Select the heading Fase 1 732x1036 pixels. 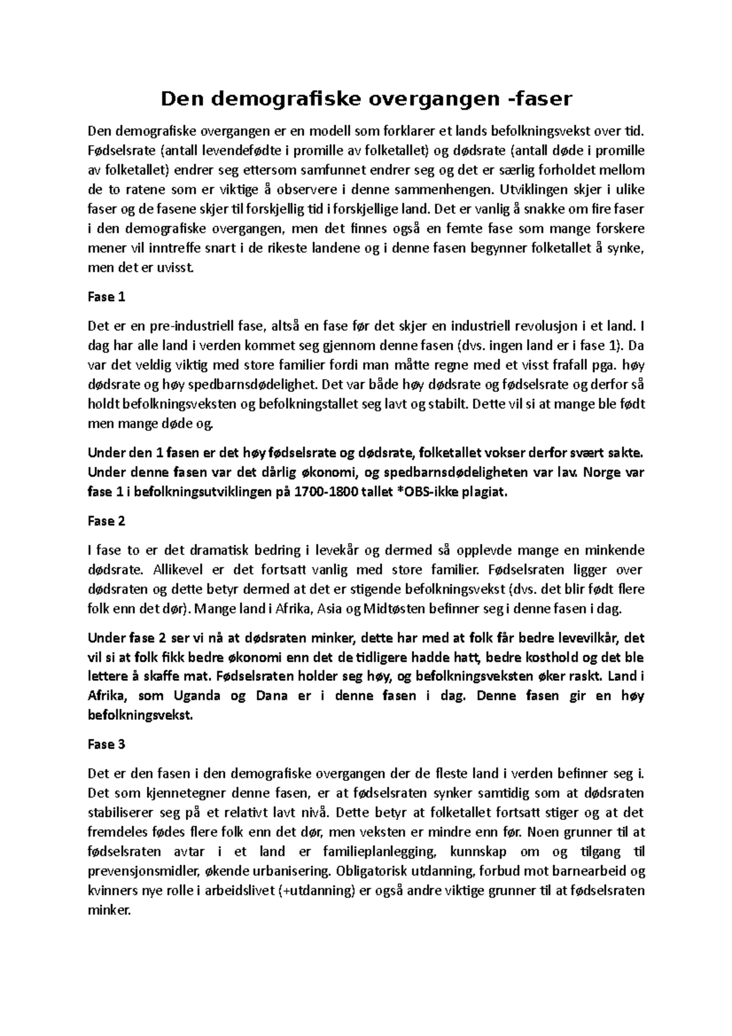click(106, 297)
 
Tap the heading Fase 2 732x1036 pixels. click(106, 521)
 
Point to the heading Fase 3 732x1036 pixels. click(106, 744)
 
